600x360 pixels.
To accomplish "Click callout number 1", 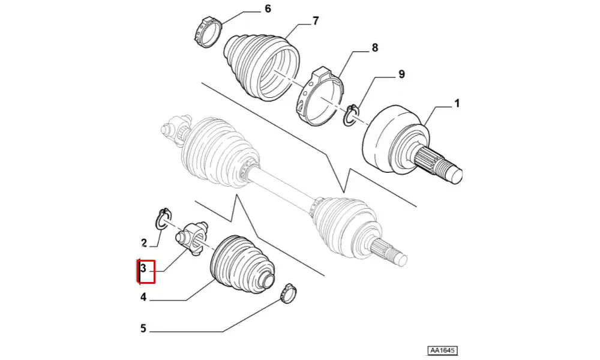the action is point(457,103).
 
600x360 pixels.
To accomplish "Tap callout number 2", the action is point(144,243).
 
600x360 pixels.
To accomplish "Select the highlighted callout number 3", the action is point(143,268).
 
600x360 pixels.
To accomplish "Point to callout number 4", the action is point(143,297).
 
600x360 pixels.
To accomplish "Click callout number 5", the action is point(143,328).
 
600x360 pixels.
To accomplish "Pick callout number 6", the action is point(268,8).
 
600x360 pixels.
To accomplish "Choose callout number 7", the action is point(316,20).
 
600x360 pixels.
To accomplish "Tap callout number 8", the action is point(375,47).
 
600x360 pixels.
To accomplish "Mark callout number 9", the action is point(401,74).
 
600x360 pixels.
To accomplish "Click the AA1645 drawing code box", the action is point(443,350).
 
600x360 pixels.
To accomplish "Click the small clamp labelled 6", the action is point(208,32).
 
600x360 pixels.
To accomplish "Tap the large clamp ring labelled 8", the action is point(320,97).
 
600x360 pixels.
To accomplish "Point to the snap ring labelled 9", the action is point(351,115).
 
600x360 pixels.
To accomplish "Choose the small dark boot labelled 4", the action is point(242,264).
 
